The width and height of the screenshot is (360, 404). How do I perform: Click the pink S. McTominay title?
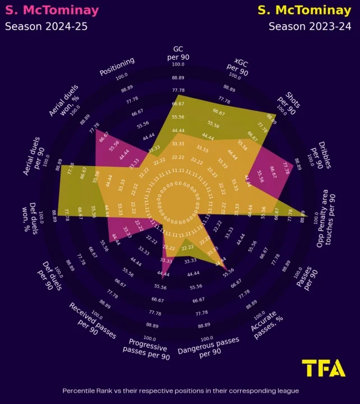pos(52,10)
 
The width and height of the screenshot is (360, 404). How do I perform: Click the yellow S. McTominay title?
pos(304,10)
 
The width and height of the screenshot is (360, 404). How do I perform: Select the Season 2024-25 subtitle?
pos(43,26)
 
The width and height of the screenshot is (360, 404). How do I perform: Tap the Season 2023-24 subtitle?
pos(310,26)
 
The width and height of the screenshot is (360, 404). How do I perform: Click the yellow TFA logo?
pos(324,368)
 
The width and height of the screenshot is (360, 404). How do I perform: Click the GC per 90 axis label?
pos(178,53)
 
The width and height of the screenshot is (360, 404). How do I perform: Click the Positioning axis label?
pos(117,66)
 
